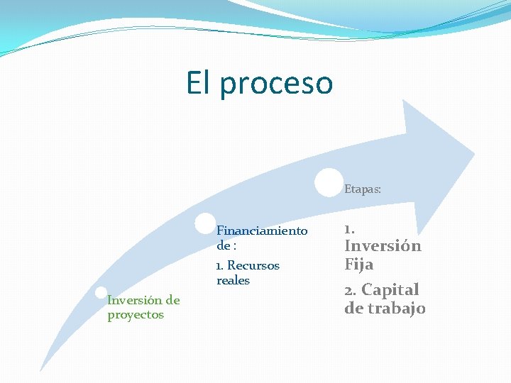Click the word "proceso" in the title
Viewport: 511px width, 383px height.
(276, 83)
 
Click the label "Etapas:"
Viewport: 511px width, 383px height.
(363, 189)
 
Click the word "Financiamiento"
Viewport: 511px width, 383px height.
(262, 231)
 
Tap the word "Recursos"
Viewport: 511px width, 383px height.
(253, 265)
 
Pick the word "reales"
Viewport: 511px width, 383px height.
(233, 280)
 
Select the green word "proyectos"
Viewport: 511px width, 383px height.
(136, 315)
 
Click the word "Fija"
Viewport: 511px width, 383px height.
(359, 265)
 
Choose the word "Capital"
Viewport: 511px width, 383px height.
(390, 289)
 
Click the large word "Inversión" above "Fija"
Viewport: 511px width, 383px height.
(383, 246)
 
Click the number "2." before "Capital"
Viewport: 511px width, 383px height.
(351, 290)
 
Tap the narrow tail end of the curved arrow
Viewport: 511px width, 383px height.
(43, 367)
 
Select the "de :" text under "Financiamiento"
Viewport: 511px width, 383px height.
(226, 245)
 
